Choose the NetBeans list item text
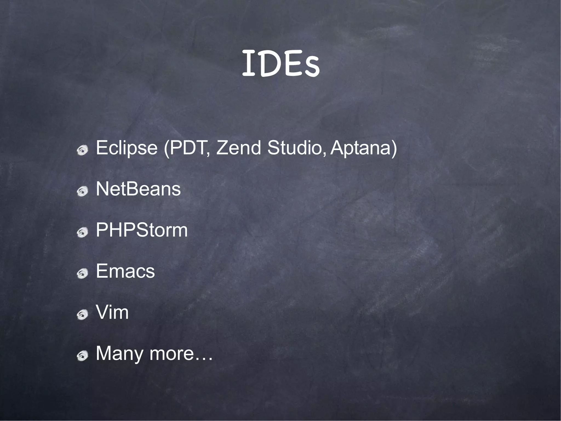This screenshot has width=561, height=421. tap(138, 189)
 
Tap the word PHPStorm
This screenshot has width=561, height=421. tap(142, 230)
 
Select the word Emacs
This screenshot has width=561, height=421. tap(125, 271)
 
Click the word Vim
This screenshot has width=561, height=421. tap(112, 312)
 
